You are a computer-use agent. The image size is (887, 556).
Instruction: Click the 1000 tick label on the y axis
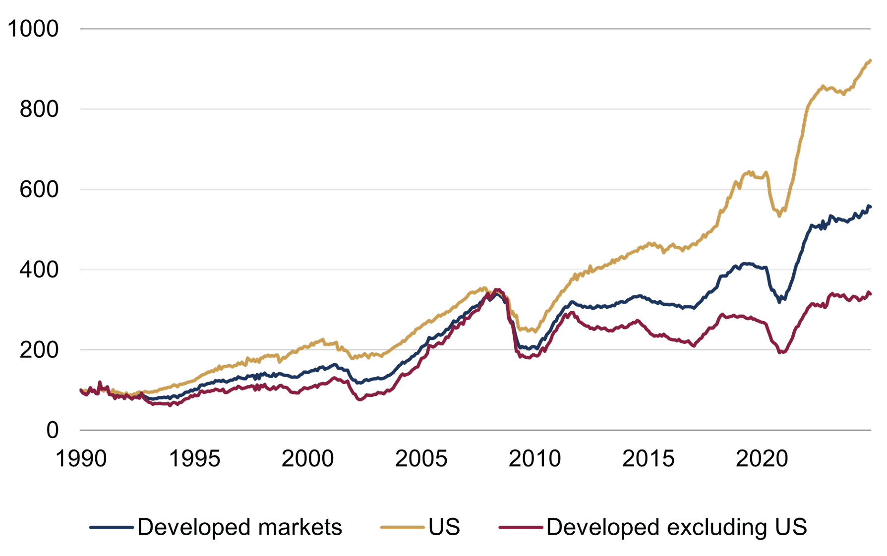click(x=33, y=29)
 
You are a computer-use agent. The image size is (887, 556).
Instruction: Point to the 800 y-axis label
click(x=39, y=109)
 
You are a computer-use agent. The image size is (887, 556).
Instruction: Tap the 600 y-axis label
click(x=39, y=189)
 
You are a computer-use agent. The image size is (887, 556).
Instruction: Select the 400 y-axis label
click(x=39, y=270)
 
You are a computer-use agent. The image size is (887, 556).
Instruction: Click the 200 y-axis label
click(x=39, y=350)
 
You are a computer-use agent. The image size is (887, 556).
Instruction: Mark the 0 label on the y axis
click(x=53, y=430)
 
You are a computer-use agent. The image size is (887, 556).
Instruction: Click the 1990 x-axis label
click(x=81, y=458)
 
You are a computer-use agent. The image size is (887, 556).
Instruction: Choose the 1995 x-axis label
click(x=194, y=458)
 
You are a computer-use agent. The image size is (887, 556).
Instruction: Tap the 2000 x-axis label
click(x=307, y=458)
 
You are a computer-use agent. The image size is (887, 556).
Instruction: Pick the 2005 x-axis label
click(x=421, y=458)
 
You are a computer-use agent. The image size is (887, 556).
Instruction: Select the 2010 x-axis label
click(x=534, y=458)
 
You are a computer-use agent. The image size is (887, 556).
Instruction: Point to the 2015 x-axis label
click(x=648, y=458)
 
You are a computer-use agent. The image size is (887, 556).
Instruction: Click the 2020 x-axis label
click(x=762, y=458)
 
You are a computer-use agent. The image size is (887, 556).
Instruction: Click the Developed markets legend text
click(x=239, y=527)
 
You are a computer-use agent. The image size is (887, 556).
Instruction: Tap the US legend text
click(x=444, y=527)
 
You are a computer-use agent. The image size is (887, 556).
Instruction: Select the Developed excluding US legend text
click(x=676, y=527)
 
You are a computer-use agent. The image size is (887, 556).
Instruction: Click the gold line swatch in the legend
click(x=402, y=528)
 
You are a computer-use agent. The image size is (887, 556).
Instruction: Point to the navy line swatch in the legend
click(x=112, y=528)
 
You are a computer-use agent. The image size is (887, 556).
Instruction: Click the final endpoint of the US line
click(x=871, y=60)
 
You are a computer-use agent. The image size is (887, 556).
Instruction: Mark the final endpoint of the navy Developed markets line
click(x=871, y=207)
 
